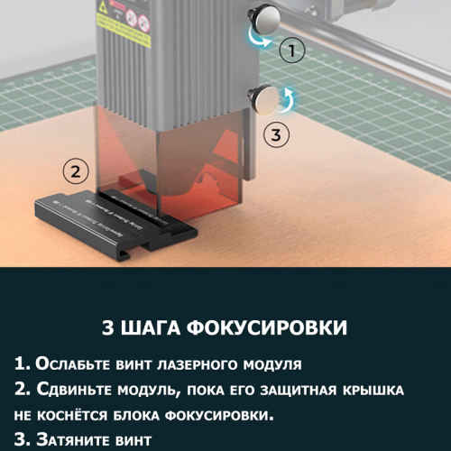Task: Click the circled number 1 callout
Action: coord(289,51)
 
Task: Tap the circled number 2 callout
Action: coord(76,170)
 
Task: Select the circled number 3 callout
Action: coord(277,134)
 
